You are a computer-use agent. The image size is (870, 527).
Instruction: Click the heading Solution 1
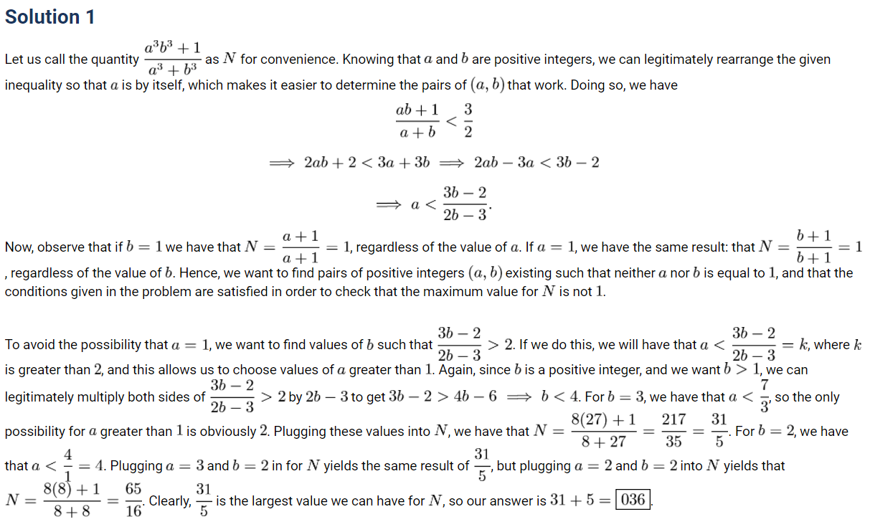click(x=50, y=16)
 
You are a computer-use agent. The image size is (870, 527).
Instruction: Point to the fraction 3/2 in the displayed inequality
click(x=468, y=120)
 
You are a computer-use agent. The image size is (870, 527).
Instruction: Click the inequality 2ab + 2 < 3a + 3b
click(x=367, y=162)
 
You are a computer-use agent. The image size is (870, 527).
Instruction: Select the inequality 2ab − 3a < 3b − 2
click(x=536, y=162)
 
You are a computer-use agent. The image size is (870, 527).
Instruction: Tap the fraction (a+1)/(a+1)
click(x=301, y=247)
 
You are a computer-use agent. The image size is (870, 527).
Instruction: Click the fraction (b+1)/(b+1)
click(x=813, y=247)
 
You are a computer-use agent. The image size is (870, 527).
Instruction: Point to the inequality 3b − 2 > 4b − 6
click(x=443, y=397)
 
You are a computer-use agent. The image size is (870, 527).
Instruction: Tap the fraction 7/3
click(x=765, y=397)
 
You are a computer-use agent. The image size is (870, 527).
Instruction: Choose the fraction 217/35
click(x=673, y=431)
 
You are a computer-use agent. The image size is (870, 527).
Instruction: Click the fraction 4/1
click(x=67, y=466)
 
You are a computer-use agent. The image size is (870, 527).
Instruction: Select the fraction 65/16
click(x=133, y=500)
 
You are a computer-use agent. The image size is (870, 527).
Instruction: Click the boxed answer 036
click(x=633, y=500)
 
